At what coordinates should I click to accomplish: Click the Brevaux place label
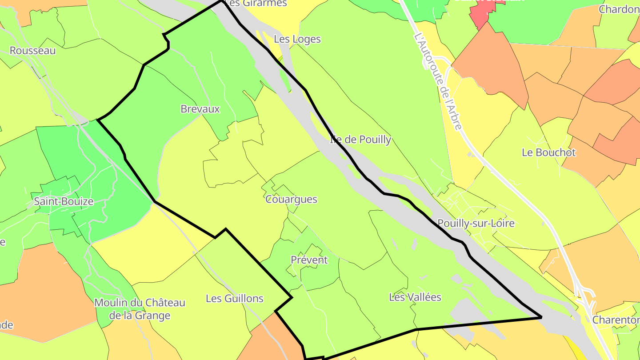[200, 109]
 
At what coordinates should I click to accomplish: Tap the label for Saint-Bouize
[64, 201]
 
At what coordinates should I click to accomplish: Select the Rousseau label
[33, 50]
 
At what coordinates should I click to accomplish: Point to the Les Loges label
[297, 39]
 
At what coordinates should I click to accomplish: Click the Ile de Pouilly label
[360, 140]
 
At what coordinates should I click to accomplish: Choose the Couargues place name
[292, 199]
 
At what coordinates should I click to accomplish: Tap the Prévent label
[309, 260]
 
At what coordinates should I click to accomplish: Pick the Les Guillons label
[235, 299]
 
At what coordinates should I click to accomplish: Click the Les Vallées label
[415, 297]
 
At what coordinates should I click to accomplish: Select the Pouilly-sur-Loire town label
[476, 223]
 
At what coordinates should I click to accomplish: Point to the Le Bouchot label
[549, 152]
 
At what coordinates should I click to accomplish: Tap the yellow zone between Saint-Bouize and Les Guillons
[147, 249]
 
